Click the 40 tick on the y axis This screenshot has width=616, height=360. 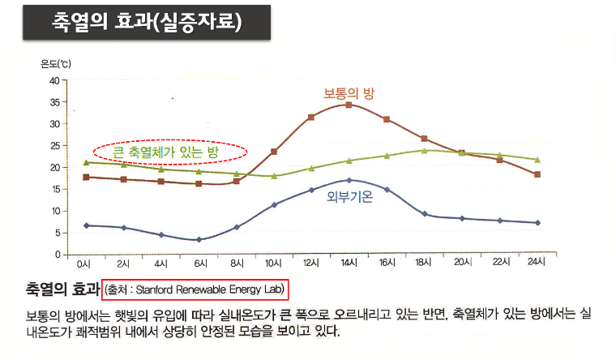tap(54, 80)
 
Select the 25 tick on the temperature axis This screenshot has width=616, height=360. tap(54, 146)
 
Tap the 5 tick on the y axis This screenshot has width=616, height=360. tap(57, 233)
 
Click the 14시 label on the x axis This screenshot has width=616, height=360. tap(349, 264)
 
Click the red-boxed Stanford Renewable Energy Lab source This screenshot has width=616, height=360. tap(195, 289)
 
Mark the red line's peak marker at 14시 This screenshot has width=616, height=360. tap(349, 105)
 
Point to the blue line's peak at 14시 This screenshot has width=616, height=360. tap(349, 180)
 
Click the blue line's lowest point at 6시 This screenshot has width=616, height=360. tap(199, 239)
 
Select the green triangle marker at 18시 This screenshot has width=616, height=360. tap(424, 150)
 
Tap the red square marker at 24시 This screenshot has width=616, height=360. tap(537, 174)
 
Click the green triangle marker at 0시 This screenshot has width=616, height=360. tap(87, 162)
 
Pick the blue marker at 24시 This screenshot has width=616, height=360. tap(537, 222)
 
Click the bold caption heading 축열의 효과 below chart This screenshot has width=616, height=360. tap(54, 289)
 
